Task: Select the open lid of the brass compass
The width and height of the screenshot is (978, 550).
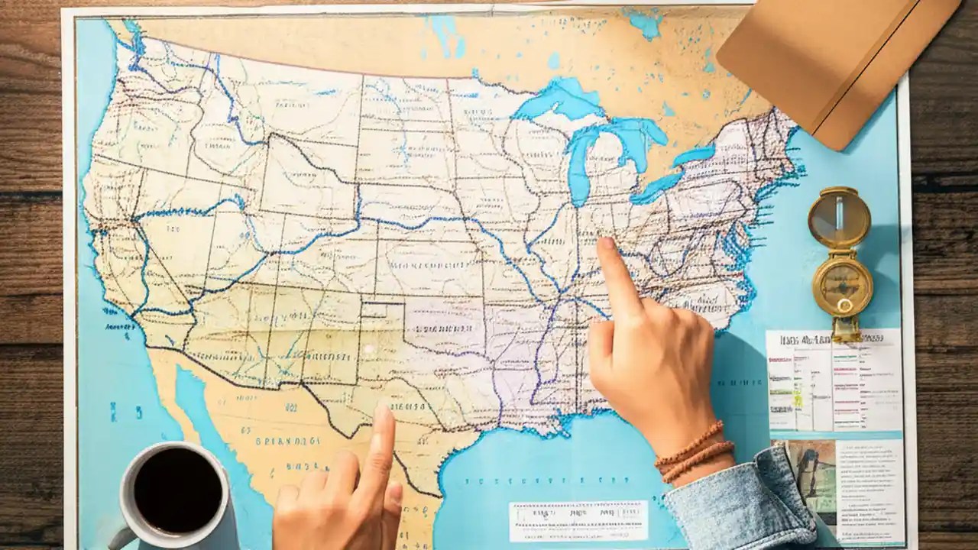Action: (x=839, y=217)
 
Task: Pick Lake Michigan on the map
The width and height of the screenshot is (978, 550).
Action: (x=581, y=164)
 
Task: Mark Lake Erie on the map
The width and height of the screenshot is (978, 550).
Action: (x=657, y=187)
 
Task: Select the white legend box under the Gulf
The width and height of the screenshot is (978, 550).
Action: (x=578, y=521)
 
